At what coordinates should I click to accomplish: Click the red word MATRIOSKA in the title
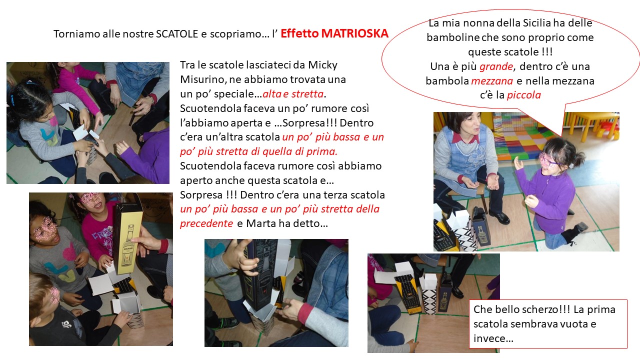pyautogui.click(x=354, y=33)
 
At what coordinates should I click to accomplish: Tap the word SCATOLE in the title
pyautogui.click(x=177, y=34)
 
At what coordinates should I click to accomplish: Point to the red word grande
pyautogui.click(x=496, y=66)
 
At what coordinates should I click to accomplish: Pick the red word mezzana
pyautogui.click(x=492, y=81)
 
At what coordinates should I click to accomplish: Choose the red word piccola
pyautogui.click(x=524, y=95)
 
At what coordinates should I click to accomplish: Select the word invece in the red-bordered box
pyautogui.click(x=489, y=338)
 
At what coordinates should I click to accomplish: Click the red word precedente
pyautogui.click(x=206, y=223)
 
